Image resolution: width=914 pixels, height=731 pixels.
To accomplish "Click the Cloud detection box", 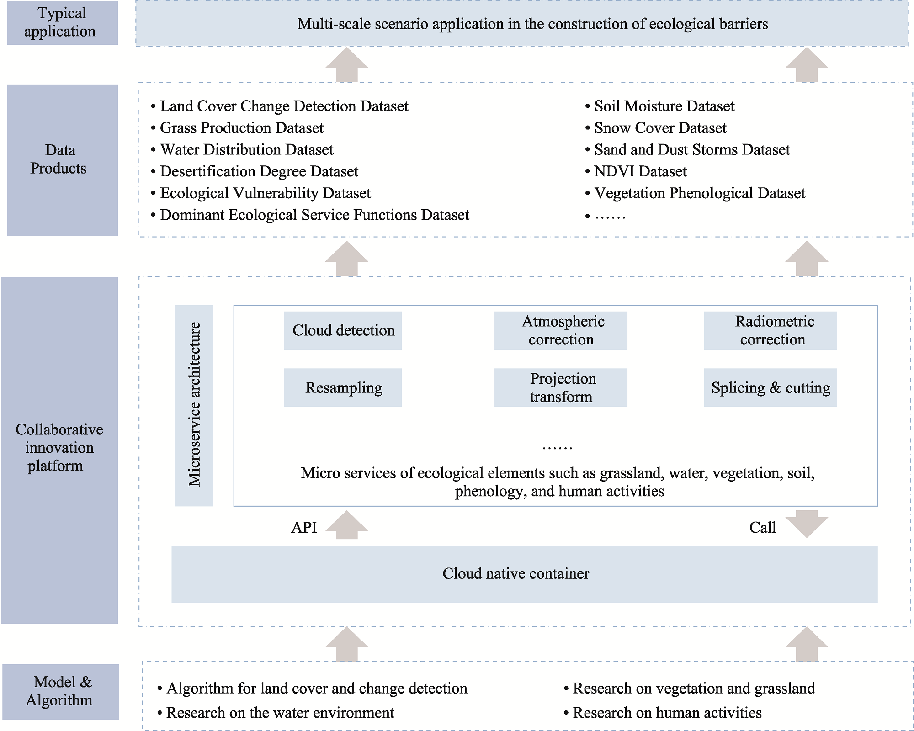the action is (343, 330).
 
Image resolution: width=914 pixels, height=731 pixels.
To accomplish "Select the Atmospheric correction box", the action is (561, 330).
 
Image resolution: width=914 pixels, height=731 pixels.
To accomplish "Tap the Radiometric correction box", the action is (771, 330).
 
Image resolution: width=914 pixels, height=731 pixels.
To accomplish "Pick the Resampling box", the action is (343, 387).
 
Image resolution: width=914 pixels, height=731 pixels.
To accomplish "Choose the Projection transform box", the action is (561, 387).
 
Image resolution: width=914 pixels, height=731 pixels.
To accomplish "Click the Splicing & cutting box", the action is (771, 387).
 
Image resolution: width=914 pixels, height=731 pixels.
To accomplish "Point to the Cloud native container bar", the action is (525, 574).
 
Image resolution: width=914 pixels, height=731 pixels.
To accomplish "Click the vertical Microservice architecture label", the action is (194, 405).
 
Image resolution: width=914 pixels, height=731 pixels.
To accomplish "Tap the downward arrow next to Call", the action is (807, 524).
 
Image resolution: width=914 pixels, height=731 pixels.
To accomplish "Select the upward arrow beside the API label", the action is (347, 525).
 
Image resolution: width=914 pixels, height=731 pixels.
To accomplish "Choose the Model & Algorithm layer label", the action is (61, 692).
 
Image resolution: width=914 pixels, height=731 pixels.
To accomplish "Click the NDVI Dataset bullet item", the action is (636, 171).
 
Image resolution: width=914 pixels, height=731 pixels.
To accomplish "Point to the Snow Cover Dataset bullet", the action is (656, 128).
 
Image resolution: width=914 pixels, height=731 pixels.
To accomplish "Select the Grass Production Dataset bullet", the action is (237, 128).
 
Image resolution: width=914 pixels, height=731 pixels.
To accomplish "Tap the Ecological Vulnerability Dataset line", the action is (261, 193).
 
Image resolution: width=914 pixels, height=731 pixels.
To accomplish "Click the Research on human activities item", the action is (663, 713).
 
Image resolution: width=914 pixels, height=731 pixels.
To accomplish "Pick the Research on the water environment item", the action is (276, 713).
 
